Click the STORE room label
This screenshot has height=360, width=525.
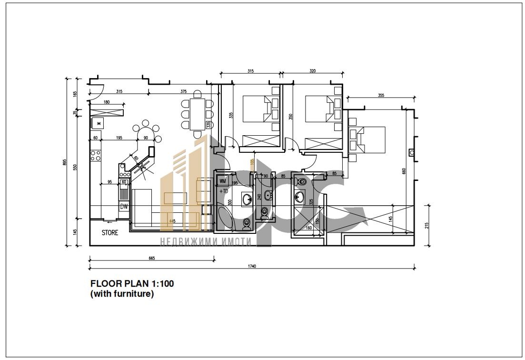pyautogui.click(x=109, y=233)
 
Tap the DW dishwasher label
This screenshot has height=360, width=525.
pyautogui.click(x=124, y=206)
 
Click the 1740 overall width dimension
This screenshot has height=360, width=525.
pyautogui.click(x=251, y=266)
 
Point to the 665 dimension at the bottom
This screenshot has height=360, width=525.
pyautogui.click(x=152, y=258)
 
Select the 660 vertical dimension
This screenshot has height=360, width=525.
pyautogui.click(x=404, y=171)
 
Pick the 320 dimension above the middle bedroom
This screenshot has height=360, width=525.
pyautogui.click(x=312, y=71)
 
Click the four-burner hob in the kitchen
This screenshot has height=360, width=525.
pyautogui.click(x=95, y=155)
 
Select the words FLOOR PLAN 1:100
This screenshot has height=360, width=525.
pyautogui.click(x=132, y=284)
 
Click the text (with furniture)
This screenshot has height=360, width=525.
pyautogui.click(x=122, y=294)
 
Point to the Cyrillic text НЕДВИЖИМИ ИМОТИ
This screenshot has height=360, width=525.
pyautogui.click(x=206, y=242)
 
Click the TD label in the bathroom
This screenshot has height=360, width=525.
pyautogui.click(x=224, y=191)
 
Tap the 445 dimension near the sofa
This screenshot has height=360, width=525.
pyautogui.click(x=171, y=221)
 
